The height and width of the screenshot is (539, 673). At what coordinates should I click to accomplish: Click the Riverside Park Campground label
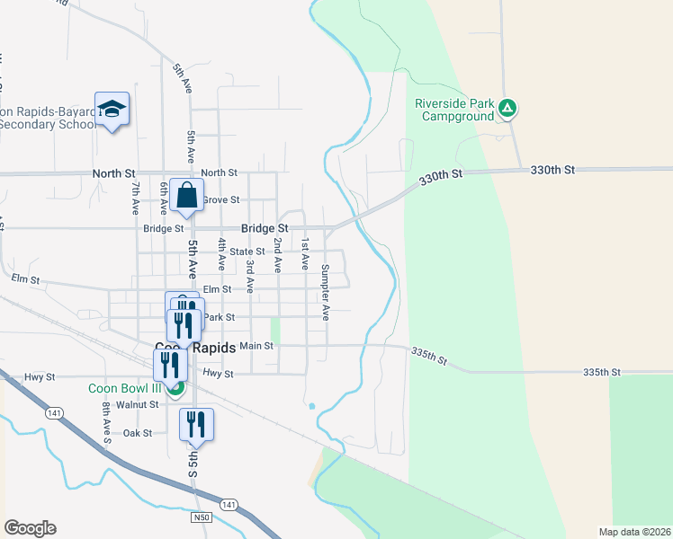point(454,110)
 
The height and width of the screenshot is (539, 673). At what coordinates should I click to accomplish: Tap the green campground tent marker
point(507,110)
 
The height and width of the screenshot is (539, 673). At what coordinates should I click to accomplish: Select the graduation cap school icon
point(112,110)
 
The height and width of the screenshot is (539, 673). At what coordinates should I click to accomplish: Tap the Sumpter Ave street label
point(326,293)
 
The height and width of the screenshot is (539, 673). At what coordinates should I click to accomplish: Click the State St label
point(247,252)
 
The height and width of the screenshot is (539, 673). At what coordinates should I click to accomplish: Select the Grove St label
point(220,199)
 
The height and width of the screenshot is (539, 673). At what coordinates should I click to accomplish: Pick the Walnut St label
point(142,404)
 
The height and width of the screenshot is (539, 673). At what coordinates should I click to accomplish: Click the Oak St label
point(138,433)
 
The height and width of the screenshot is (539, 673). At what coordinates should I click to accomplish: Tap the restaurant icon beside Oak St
point(196,424)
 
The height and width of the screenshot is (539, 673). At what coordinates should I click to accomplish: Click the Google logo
point(30,528)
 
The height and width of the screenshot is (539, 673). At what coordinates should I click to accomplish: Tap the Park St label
point(219,317)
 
